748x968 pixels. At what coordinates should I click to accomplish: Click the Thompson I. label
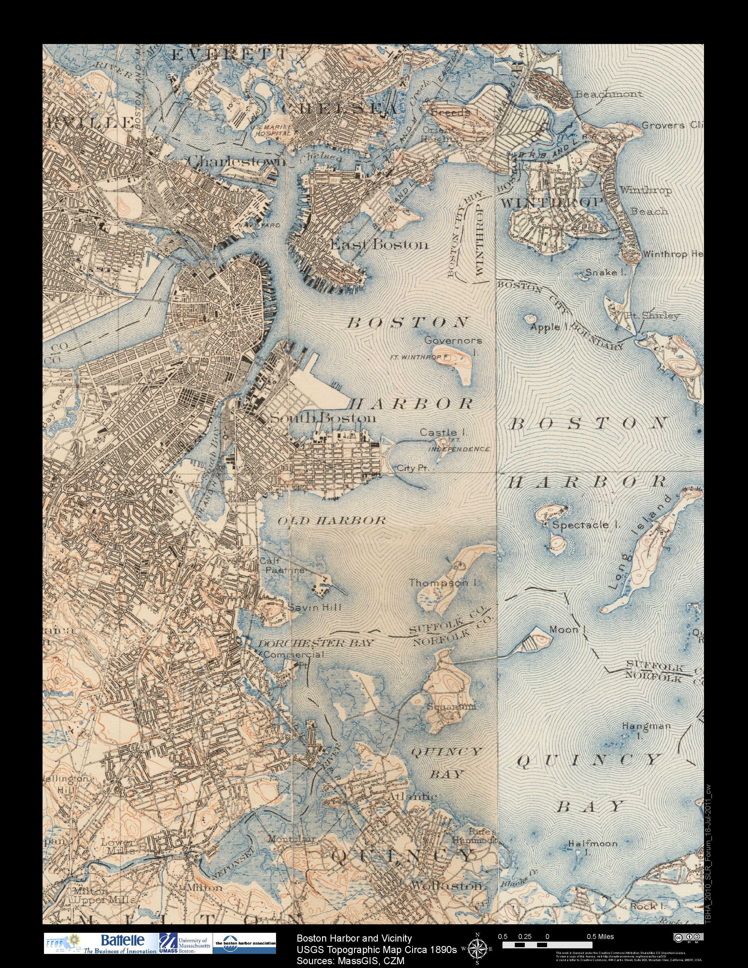[x=444, y=583]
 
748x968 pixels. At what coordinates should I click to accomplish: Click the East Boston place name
[x=380, y=244]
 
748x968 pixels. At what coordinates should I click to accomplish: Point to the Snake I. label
[x=601, y=272]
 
